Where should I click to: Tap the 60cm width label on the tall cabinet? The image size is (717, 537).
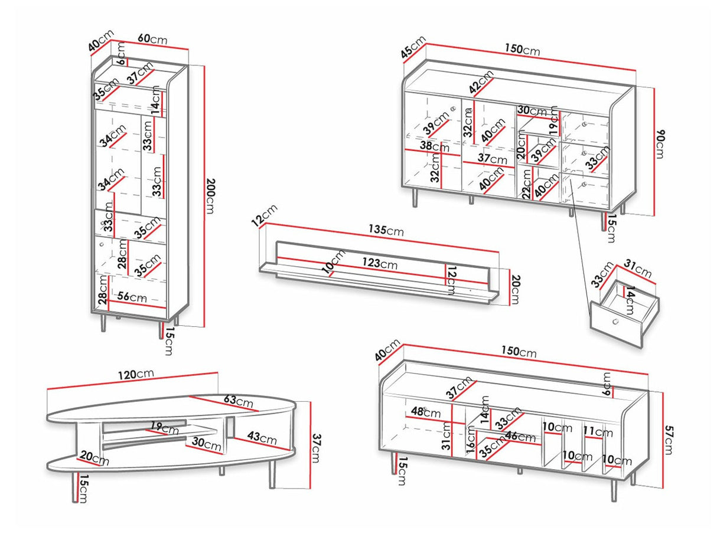pos(152,40)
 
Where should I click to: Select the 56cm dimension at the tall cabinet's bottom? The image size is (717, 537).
pos(131,298)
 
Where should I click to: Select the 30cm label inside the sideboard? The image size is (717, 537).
pos(531,110)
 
